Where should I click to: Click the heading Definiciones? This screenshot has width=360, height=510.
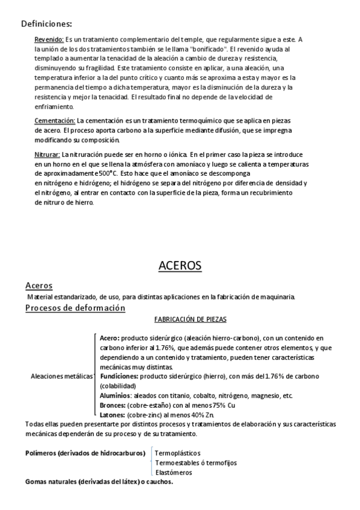(46, 24)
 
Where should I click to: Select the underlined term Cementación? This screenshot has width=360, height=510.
(55, 120)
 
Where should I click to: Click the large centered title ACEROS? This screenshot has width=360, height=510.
(180, 265)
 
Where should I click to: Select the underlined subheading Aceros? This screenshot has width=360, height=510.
(39, 285)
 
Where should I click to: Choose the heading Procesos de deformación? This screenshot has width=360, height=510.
(75, 308)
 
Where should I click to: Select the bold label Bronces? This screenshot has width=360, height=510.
(113, 405)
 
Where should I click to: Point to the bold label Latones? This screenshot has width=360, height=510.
(113, 415)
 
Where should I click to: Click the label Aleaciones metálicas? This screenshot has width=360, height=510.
(62, 376)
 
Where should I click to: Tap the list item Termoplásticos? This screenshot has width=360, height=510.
(178, 453)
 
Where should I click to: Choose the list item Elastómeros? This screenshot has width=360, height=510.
(174, 472)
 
